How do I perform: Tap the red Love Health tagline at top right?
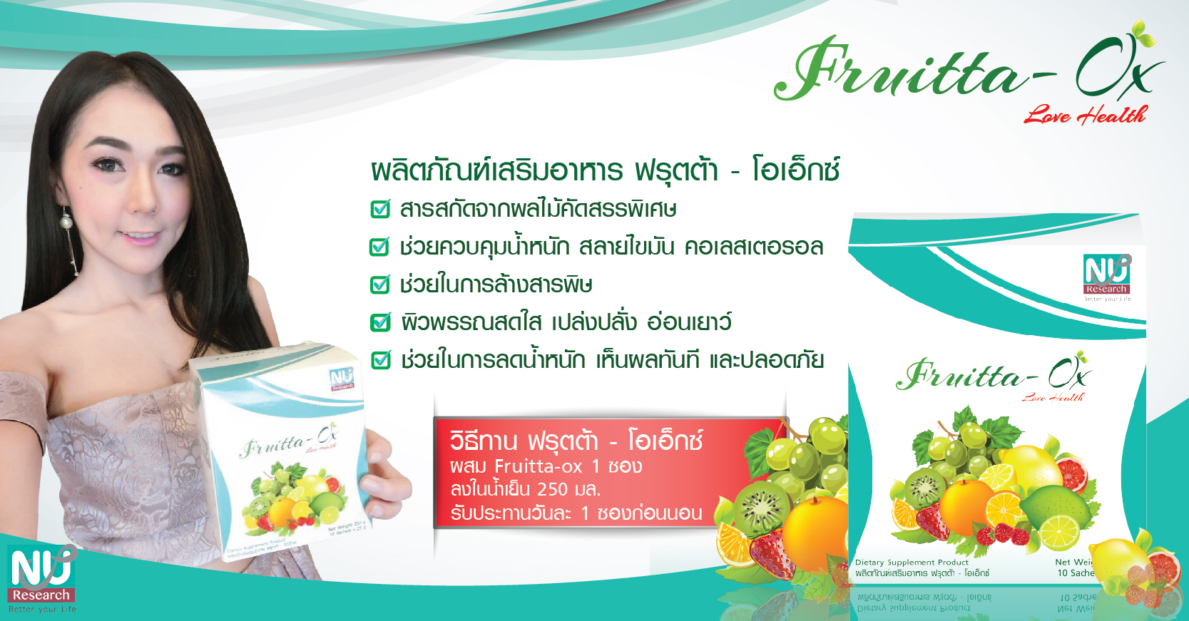tap(1084, 115)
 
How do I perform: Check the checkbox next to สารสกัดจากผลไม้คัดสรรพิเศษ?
tap(380, 209)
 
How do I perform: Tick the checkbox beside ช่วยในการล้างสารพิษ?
tap(380, 284)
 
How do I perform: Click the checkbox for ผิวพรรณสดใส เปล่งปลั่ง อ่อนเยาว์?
tap(380, 322)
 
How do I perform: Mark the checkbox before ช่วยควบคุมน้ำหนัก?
tap(379, 247)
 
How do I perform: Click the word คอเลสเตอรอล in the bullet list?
tap(753, 247)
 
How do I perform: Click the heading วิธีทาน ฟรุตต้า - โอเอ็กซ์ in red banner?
tap(576, 441)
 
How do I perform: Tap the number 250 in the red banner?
tap(552, 490)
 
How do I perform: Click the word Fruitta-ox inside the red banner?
tap(539, 467)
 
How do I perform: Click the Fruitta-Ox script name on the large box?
tap(991, 375)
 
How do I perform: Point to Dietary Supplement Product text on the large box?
tap(912, 563)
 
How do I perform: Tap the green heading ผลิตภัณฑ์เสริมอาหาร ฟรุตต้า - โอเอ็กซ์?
tap(605, 171)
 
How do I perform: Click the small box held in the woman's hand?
tap(285, 456)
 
